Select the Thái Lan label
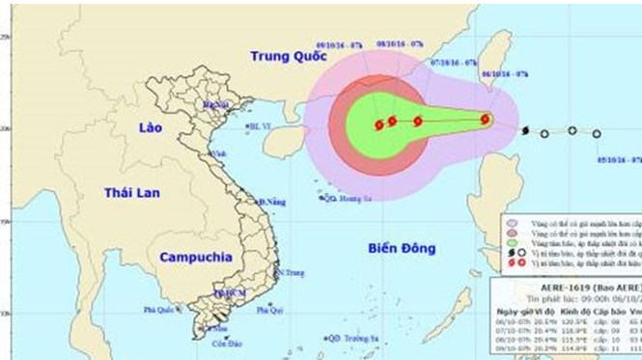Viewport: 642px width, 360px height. [125, 197]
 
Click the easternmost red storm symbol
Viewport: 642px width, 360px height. [486, 120]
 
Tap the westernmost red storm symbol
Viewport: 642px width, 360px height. [378, 124]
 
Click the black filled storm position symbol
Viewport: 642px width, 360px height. [524, 130]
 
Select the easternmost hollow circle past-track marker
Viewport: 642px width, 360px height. [597, 134]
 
